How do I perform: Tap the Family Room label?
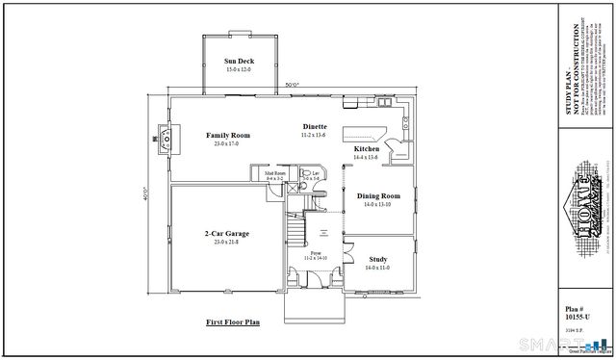pyautogui.click(x=228, y=136)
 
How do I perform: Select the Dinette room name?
pyautogui.click(x=314, y=127)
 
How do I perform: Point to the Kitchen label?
pyautogui.click(x=366, y=150)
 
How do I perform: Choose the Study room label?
pyautogui.click(x=377, y=259)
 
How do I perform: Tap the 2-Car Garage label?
pyautogui.click(x=228, y=233)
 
